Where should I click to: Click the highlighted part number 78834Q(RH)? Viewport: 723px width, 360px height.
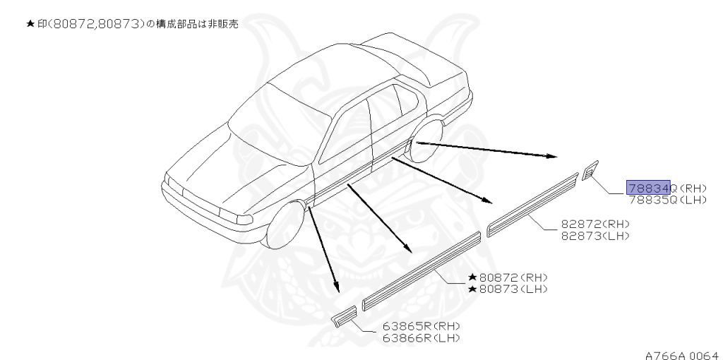click(x=657, y=188)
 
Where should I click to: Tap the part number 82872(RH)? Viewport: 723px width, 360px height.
click(x=594, y=224)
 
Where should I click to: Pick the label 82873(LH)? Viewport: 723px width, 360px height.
click(x=594, y=235)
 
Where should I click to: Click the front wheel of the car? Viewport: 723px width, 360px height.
click(x=286, y=224)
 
